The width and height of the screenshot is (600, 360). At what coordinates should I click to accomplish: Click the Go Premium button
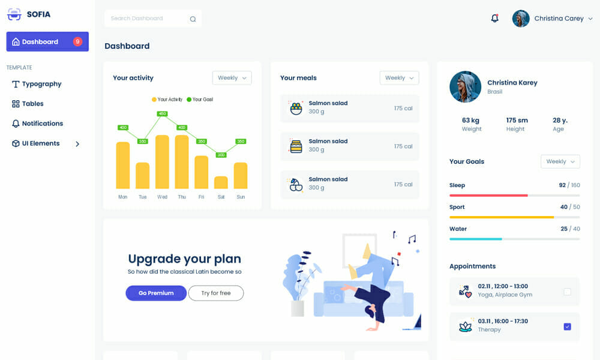pos(156,293)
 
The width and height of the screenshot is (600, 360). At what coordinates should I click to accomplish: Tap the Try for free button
pos(216,293)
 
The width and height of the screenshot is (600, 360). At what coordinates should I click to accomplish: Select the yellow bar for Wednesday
pos(162,162)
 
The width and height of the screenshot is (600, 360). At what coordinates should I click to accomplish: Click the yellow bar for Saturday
pos(221,182)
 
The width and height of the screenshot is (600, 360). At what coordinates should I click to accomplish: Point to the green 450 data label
pos(162,113)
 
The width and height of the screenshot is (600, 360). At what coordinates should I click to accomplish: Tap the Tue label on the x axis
pos(142,197)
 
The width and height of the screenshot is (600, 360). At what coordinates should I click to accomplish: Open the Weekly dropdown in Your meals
pos(399,78)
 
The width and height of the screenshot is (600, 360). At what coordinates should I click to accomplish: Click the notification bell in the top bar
pos(495,19)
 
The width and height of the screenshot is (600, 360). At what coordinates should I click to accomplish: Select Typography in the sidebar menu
pos(41,84)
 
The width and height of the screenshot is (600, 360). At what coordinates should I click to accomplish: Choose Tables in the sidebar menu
pos(32,104)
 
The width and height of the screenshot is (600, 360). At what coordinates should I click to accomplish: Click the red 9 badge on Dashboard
pos(77,42)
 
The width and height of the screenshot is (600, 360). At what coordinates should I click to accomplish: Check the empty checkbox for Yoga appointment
pos(568,292)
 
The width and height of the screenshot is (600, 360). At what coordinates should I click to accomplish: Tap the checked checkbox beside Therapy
pos(568,327)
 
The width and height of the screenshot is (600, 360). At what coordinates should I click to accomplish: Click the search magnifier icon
pos(193,19)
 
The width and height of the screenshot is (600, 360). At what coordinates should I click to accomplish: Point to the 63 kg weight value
pos(471,120)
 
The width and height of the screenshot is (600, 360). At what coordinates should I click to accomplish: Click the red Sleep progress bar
pos(488,195)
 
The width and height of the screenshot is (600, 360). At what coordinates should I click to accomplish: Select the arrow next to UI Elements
pos(77,144)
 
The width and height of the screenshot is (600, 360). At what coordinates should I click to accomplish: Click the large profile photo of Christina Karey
pos(465,87)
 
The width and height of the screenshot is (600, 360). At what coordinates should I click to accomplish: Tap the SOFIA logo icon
pos(14,14)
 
